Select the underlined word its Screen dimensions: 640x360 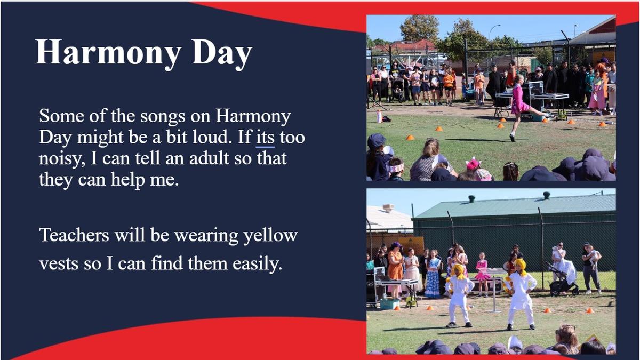tap(265, 138)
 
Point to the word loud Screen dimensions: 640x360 tap(212, 137)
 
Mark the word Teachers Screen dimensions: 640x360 tap(74, 235)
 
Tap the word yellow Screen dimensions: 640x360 tap(270, 236)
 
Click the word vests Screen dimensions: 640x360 tap(58, 263)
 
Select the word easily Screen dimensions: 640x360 tap(258, 264)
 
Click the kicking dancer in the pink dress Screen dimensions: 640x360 tap(524, 108)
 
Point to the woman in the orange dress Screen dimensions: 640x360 tap(396, 270)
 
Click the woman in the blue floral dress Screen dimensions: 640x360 tap(433, 274)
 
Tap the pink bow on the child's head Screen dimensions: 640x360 tap(473, 164)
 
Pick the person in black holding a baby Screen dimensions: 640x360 tap(591, 268)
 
